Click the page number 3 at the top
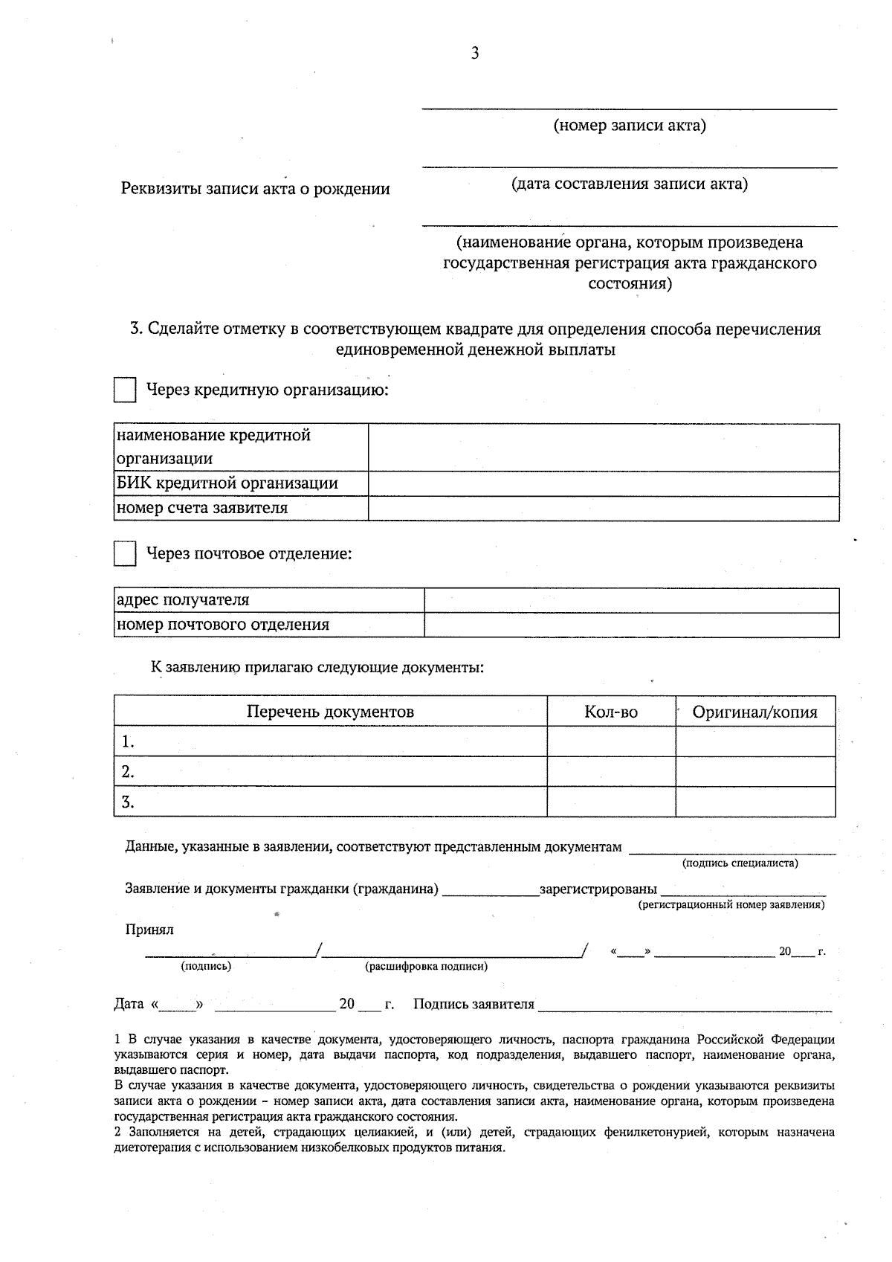click(475, 53)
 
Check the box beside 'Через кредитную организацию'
click(125, 390)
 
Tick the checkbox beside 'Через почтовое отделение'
click(125, 554)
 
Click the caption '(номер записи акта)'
click(630, 125)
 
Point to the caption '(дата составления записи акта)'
click(630, 184)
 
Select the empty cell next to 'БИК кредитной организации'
click(604, 483)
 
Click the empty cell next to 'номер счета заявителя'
click(604, 508)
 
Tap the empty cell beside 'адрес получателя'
click(631, 600)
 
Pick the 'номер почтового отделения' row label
click(223, 625)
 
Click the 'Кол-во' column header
click(611, 712)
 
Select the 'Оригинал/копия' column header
click(754, 712)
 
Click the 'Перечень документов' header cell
click(330, 712)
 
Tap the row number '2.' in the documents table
click(128, 772)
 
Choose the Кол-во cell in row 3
click(611, 802)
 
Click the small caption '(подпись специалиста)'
click(740, 863)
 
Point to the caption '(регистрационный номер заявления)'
click(731, 905)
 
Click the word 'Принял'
click(149, 930)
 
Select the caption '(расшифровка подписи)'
click(426, 967)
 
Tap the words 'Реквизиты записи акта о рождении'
click(256, 189)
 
